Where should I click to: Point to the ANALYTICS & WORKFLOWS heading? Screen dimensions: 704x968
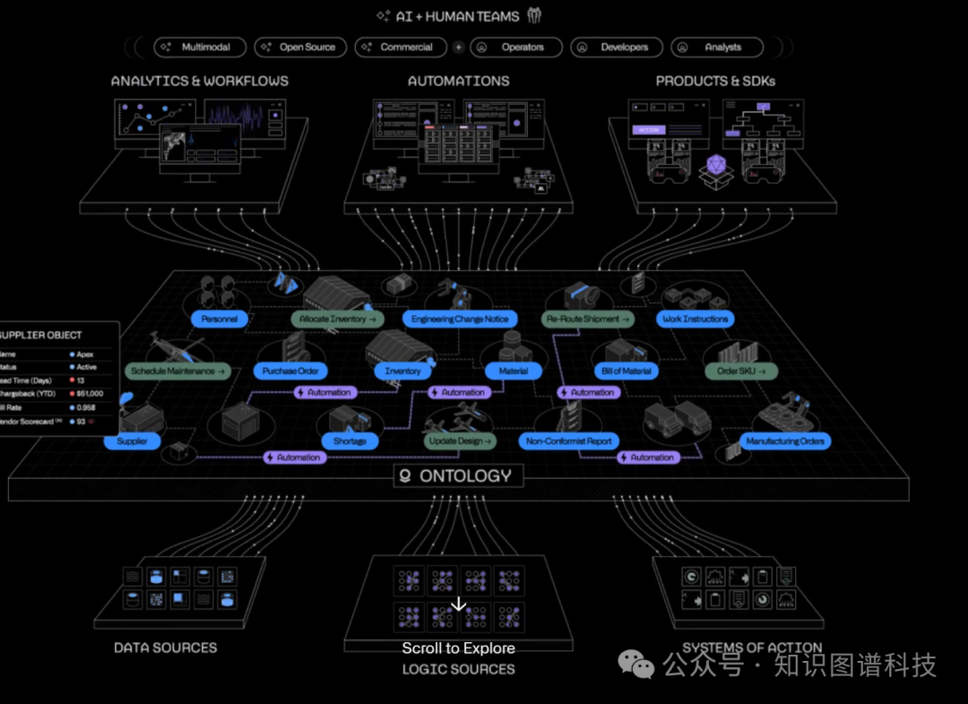(x=200, y=81)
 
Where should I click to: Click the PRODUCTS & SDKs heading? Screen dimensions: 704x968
(x=715, y=81)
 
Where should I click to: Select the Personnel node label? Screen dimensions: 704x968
(x=219, y=319)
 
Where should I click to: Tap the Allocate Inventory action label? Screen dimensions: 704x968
(x=338, y=319)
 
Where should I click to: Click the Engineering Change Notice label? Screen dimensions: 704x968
(x=460, y=319)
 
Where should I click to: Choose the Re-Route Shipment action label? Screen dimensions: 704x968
(x=588, y=319)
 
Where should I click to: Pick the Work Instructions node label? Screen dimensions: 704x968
(x=696, y=319)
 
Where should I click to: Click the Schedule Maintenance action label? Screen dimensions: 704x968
(x=178, y=371)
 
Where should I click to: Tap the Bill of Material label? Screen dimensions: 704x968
(x=627, y=371)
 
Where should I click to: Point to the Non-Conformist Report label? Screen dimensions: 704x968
(x=569, y=441)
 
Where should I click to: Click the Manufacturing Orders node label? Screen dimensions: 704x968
(x=785, y=441)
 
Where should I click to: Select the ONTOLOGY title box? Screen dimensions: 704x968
(x=458, y=476)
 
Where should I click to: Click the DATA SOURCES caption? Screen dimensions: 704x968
(x=165, y=648)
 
